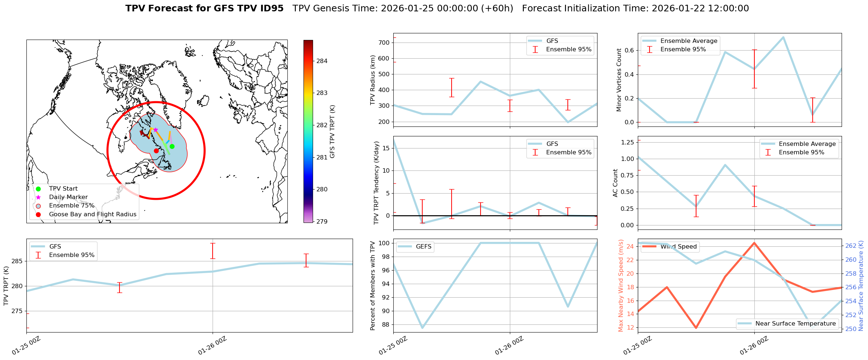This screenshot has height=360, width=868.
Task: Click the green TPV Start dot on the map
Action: pos(172,147)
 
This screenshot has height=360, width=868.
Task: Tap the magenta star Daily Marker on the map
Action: pos(155,130)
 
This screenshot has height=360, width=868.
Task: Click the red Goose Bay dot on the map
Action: pos(156,151)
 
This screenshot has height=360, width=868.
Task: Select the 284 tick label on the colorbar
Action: pos(322,61)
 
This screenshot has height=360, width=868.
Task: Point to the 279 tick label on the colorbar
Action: pos(322,221)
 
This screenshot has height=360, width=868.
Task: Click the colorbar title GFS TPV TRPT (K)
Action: pos(332,132)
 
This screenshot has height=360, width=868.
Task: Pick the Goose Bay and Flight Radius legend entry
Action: pos(92,214)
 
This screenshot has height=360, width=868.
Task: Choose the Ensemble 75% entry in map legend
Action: pos(71,206)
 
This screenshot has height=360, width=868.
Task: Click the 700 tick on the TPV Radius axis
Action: pos(385,43)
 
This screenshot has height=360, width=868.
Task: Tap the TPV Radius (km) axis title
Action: pos(373,80)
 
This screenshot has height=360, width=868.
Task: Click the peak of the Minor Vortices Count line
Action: pos(783,37)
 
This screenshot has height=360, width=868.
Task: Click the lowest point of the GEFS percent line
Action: pos(422,328)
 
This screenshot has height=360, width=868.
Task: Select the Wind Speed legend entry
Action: pos(678,247)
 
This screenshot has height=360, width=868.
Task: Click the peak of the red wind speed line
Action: pos(754,243)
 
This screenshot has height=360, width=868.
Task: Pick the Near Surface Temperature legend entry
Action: pos(795,324)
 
